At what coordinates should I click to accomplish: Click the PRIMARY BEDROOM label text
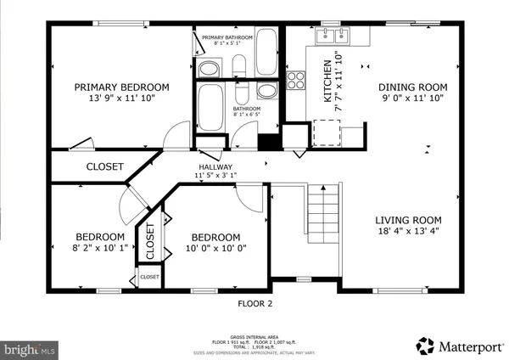(121, 87)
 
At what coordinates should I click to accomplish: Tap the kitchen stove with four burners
(297, 80)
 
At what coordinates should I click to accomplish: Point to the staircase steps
(322, 216)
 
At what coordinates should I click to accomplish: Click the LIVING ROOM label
(409, 219)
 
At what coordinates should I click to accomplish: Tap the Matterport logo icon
(425, 346)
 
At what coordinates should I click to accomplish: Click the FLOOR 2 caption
(255, 301)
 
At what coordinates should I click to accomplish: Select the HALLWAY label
(215, 166)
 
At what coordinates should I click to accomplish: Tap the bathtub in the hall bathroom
(209, 109)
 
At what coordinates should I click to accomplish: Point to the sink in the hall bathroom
(266, 92)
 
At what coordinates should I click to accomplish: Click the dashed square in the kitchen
(327, 132)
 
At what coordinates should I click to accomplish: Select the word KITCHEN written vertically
(327, 82)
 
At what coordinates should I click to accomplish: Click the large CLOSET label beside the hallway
(104, 166)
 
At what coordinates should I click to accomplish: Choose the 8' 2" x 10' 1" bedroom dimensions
(100, 248)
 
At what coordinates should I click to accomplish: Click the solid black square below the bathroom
(268, 143)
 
